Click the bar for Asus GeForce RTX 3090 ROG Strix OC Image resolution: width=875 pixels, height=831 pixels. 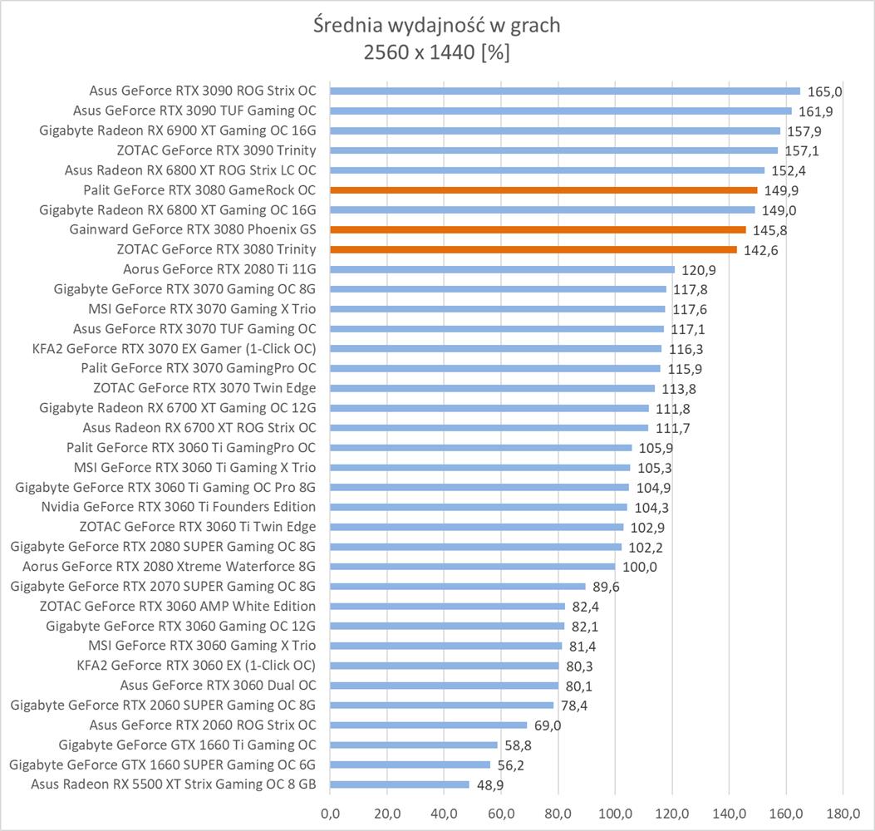565,91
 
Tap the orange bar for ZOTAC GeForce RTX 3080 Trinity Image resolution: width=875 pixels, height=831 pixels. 533,249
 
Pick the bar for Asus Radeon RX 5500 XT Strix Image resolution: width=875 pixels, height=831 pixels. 400,784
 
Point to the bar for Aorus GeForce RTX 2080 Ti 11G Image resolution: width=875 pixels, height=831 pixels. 502,269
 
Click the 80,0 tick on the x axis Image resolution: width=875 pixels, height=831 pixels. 558,811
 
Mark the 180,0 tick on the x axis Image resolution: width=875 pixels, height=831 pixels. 843,811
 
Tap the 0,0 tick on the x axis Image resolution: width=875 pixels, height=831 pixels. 331,811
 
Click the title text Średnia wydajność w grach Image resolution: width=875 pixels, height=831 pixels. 437,26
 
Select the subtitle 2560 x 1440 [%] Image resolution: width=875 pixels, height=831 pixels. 437,52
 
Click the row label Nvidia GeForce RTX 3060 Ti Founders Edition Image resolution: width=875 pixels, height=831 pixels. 179,507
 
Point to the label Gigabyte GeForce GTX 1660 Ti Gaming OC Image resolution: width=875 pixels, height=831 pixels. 188,745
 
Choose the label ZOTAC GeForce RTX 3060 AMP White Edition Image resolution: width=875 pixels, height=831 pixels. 178,606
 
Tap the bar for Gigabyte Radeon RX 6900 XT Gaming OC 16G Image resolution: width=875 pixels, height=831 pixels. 555,131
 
